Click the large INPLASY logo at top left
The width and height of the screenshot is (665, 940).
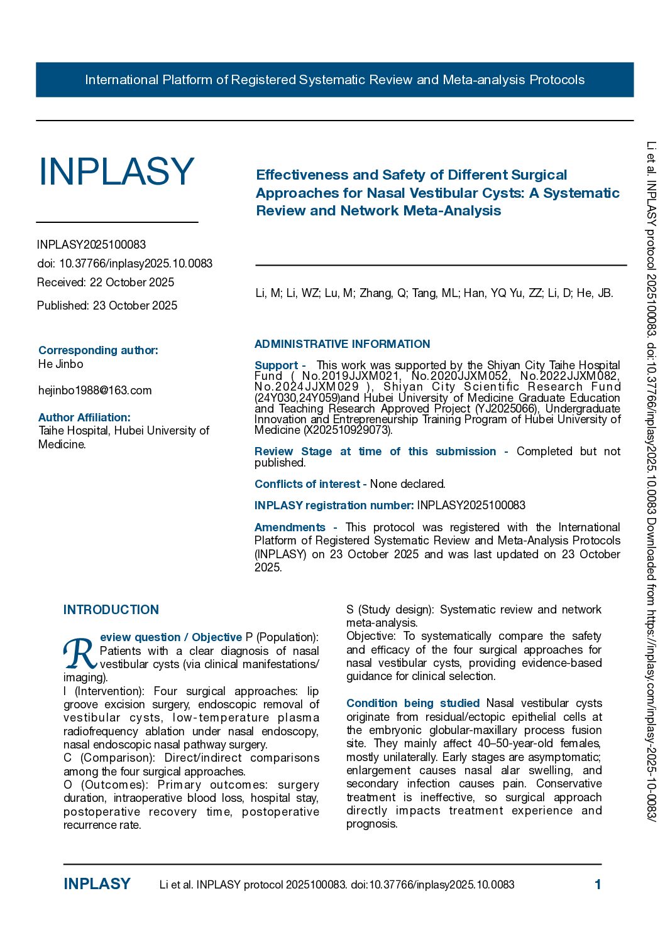tap(116, 171)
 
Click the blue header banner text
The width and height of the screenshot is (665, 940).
tap(334, 80)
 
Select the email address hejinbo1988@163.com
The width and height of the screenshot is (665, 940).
tap(95, 391)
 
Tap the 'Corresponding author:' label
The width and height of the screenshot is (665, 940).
tap(98, 350)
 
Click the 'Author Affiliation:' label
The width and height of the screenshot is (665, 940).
tap(84, 418)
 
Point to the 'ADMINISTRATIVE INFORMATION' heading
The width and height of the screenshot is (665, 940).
tap(342, 344)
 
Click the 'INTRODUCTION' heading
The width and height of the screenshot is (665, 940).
tap(111, 610)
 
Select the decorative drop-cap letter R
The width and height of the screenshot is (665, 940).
tap(79, 654)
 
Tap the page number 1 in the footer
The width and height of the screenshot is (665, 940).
tap(598, 885)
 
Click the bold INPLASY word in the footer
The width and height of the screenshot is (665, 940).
tap(97, 884)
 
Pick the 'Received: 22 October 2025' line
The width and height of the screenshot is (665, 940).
tap(106, 283)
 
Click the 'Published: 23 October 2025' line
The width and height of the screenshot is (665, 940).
tap(107, 306)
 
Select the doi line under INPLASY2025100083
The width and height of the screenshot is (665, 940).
tap(124, 264)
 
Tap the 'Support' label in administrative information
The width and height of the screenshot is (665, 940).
tap(276, 365)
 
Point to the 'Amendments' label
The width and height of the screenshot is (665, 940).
tap(290, 527)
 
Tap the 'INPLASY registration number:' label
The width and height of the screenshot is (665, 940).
tap(334, 505)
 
